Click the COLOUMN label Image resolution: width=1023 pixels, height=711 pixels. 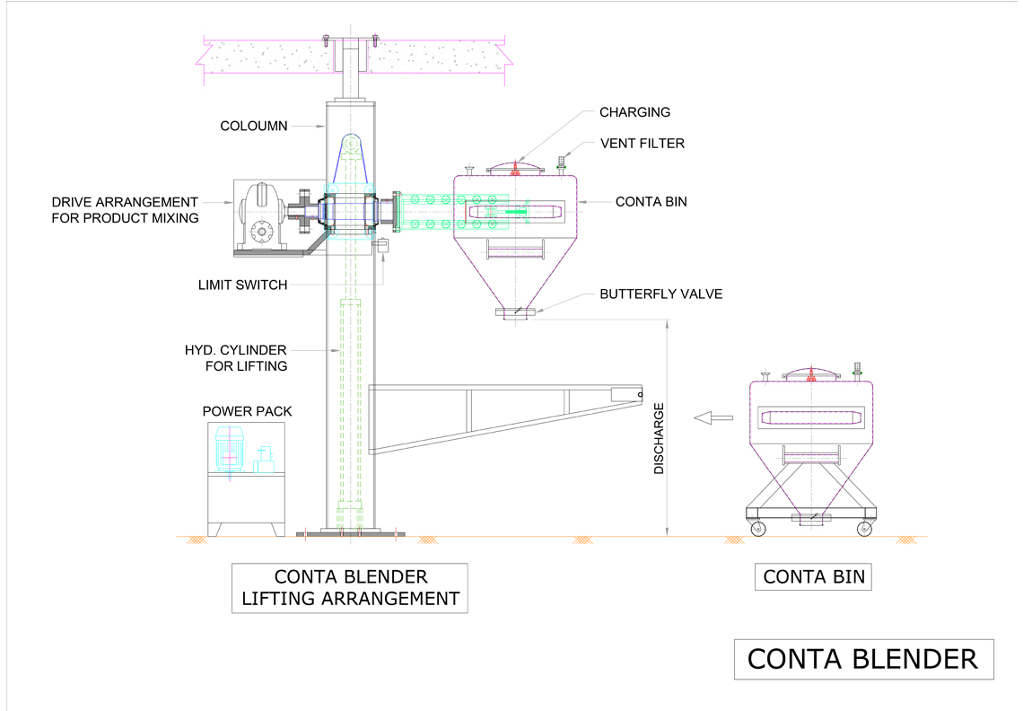pyautogui.click(x=254, y=126)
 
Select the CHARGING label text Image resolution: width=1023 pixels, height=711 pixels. pyautogui.click(x=634, y=112)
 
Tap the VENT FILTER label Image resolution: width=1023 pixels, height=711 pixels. pyautogui.click(x=643, y=144)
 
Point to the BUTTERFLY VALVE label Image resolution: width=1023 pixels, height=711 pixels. pyautogui.click(x=660, y=294)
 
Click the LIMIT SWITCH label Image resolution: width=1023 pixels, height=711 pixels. pyautogui.click(x=242, y=285)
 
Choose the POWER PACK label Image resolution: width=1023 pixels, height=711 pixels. pyautogui.click(x=248, y=412)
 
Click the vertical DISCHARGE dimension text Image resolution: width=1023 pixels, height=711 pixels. pyautogui.click(x=659, y=438)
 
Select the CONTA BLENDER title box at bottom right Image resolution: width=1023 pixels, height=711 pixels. pyautogui.click(x=864, y=660)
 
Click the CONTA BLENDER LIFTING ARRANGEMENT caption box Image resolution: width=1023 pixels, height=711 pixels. pyautogui.click(x=350, y=588)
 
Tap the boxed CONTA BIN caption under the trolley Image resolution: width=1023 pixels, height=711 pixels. pyautogui.click(x=814, y=577)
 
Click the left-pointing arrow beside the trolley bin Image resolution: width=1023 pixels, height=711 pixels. pyautogui.click(x=713, y=417)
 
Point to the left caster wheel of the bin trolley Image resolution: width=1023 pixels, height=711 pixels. pyautogui.click(x=757, y=528)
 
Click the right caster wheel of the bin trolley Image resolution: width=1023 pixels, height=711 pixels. pyautogui.click(x=864, y=528)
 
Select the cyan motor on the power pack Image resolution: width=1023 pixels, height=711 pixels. pyautogui.click(x=229, y=449)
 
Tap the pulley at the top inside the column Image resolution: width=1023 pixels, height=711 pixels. pyautogui.click(x=351, y=144)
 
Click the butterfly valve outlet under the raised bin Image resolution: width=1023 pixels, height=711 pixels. pyautogui.click(x=515, y=312)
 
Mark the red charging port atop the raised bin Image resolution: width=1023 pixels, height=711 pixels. pyautogui.click(x=515, y=169)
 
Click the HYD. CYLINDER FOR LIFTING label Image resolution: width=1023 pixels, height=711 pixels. pyautogui.click(x=236, y=358)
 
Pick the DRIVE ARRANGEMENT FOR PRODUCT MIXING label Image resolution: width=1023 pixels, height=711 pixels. pyautogui.click(x=126, y=210)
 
